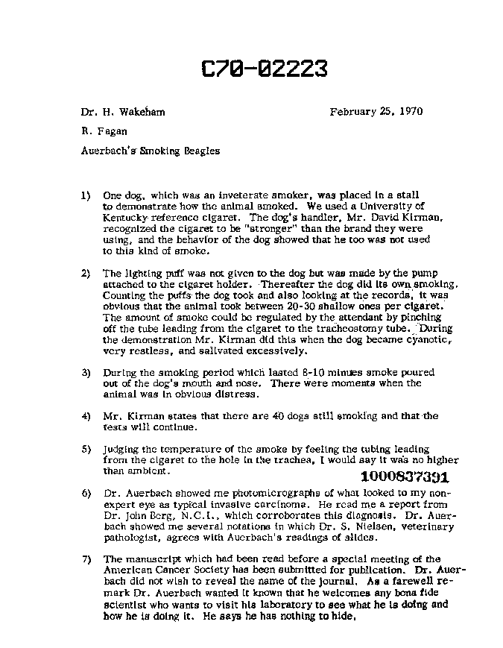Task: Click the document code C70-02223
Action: (265, 69)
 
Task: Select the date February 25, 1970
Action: (376, 112)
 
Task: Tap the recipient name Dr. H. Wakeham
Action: (123, 112)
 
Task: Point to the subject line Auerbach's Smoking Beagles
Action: (151, 150)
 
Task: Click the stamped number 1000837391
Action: (403, 477)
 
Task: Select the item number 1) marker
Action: (86, 195)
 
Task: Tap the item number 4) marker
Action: (86, 416)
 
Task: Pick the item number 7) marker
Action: (86, 559)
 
